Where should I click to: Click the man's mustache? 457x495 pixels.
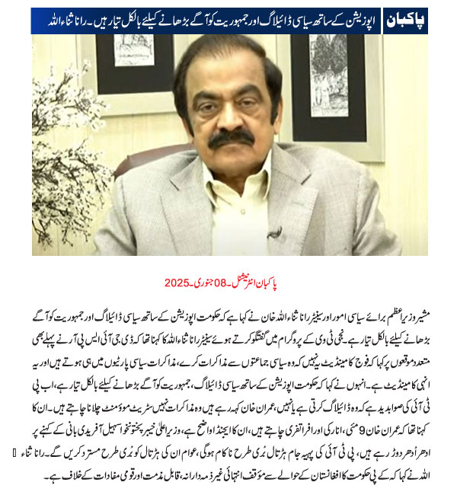pos(230,140)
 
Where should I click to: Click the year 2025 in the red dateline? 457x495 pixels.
pos(177,283)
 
